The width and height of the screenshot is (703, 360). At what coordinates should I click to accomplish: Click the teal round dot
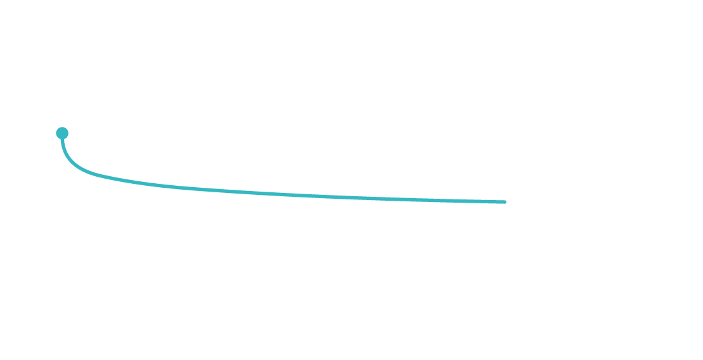pyautogui.click(x=62, y=133)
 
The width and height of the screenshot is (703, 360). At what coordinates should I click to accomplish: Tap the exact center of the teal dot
pyautogui.click(x=62, y=133)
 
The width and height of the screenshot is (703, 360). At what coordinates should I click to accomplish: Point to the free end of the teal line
pyautogui.click(x=505, y=202)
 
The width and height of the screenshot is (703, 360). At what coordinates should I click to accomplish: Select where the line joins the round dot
pyautogui.click(x=62, y=139)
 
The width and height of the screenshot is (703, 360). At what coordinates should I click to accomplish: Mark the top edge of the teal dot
pyautogui.click(x=62, y=128)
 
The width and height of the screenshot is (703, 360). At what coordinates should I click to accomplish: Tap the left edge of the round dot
pyautogui.click(x=56, y=133)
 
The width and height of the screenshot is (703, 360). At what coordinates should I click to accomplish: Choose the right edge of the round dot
pyautogui.click(x=68, y=133)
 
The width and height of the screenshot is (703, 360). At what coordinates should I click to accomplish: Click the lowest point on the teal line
pyautogui.click(x=504, y=202)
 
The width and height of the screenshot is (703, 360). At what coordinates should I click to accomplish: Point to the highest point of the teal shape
pyautogui.click(x=62, y=128)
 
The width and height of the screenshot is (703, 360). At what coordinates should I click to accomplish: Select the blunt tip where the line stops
pyautogui.click(x=505, y=202)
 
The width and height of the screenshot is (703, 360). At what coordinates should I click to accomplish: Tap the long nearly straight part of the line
pyautogui.click(x=324, y=196)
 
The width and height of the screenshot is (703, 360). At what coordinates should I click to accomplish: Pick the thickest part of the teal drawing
pyautogui.click(x=62, y=133)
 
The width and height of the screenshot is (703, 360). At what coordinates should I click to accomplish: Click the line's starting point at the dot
pyautogui.click(x=62, y=139)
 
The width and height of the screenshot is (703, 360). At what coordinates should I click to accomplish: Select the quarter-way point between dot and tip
pyautogui.click(x=162, y=186)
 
